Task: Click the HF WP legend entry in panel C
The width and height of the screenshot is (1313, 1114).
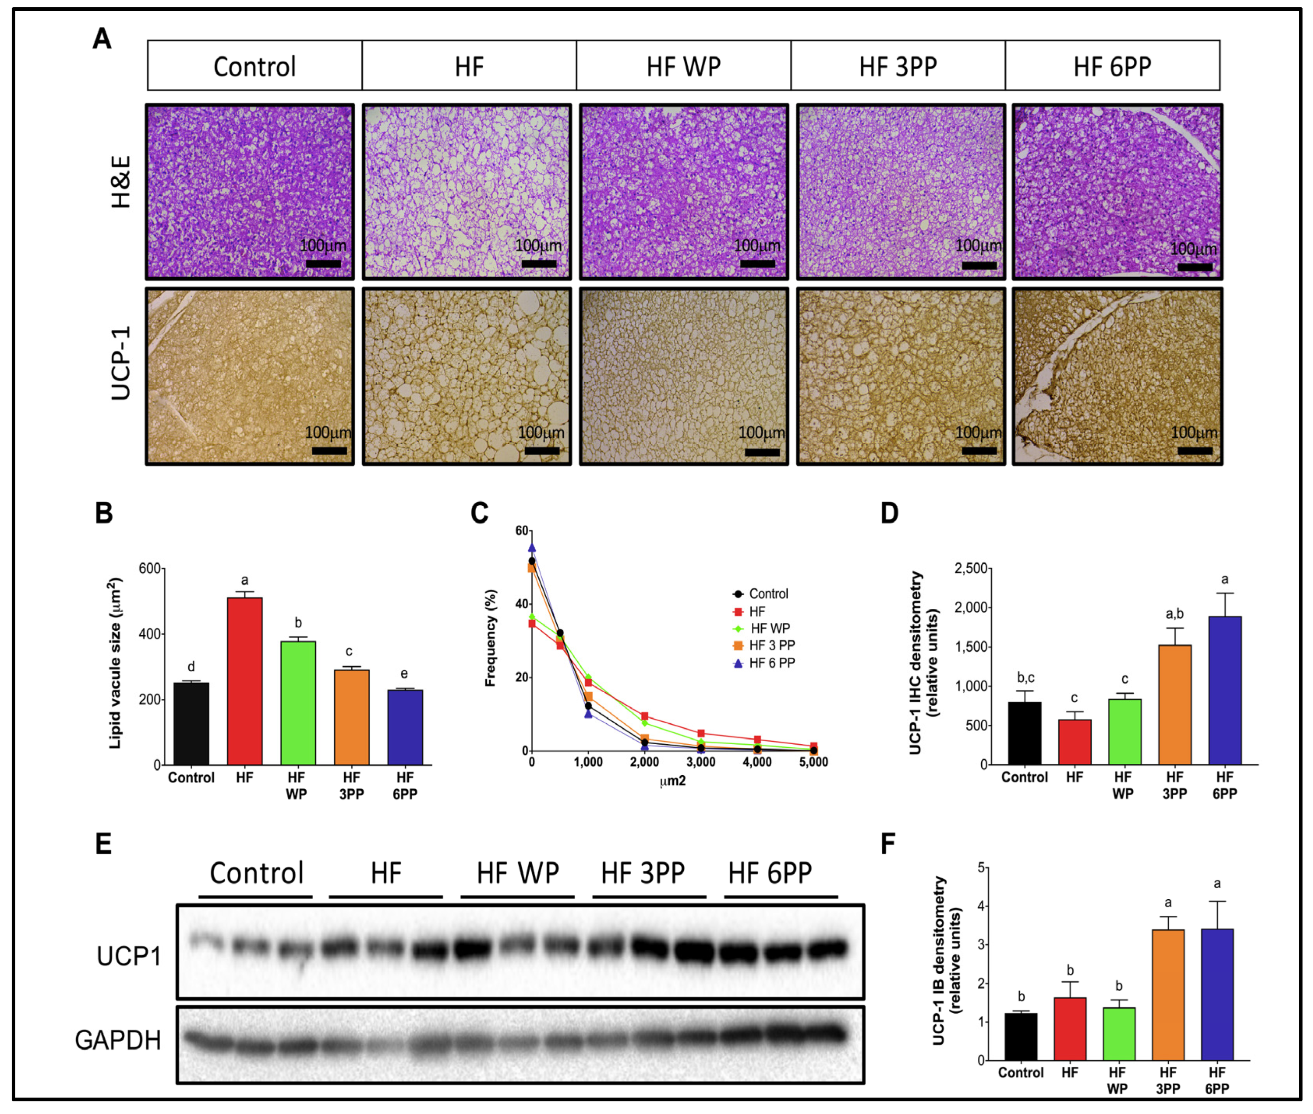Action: pyautogui.click(x=769, y=628)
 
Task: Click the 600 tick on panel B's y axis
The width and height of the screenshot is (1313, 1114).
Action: pyautogui.click(x=150, y=568)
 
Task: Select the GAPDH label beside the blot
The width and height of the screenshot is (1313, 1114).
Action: pyautogui.click(x=118, y=1040)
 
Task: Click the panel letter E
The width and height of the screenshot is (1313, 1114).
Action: pyautogui.click(x=103, y=844)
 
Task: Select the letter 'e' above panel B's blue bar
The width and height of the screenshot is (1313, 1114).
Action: pyautogui.click(x=404, y=674)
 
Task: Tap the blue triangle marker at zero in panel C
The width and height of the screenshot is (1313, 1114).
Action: pyautogui.click(x=532, y=548)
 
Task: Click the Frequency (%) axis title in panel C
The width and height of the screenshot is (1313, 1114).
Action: pyautogui.click(x=490, y=638)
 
